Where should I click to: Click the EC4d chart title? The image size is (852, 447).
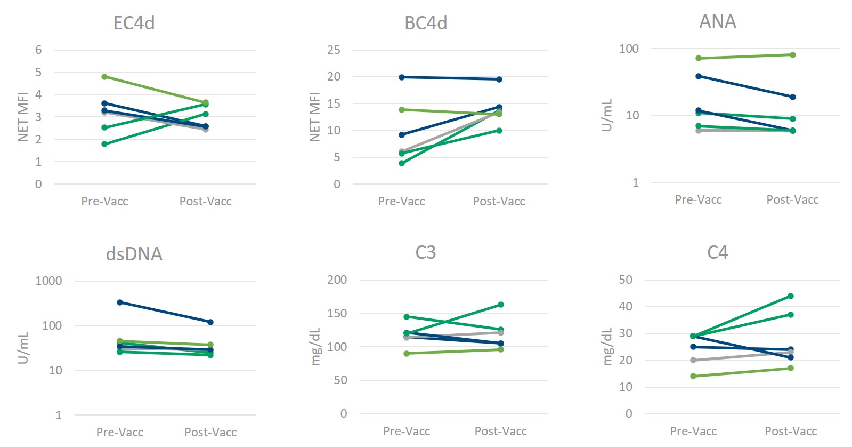point(134,23)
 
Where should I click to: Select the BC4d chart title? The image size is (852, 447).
point(426,23)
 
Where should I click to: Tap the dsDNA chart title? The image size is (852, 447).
point(134,254)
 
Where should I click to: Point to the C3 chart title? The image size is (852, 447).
point(425,252)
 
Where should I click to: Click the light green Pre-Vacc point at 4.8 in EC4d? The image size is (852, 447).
point(104,77)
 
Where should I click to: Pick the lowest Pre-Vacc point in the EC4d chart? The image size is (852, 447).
point(104,144)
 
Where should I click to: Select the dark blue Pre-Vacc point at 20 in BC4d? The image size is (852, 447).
point(402,77)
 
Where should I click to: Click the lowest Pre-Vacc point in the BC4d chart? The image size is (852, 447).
point(402,163)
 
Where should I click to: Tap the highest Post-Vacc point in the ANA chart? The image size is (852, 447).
point(793,55)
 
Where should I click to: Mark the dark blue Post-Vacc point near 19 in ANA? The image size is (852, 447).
point(793,97)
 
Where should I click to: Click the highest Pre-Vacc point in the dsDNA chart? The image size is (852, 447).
point(120,302)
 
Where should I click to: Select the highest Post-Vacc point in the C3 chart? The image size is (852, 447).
point(501,305)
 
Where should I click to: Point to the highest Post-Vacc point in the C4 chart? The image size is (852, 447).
point(791,296)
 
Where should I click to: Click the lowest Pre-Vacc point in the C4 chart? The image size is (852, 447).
point(693,376)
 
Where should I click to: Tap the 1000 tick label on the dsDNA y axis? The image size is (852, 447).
point(48,281)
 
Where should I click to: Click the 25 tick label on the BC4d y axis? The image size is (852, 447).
point(334,50)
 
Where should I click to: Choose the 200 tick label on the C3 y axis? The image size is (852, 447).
point(337,280)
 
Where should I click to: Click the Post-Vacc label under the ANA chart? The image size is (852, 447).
point(792,200)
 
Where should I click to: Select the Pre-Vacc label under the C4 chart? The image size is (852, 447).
point(693,431)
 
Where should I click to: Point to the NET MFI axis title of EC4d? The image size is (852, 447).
point(23,117)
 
